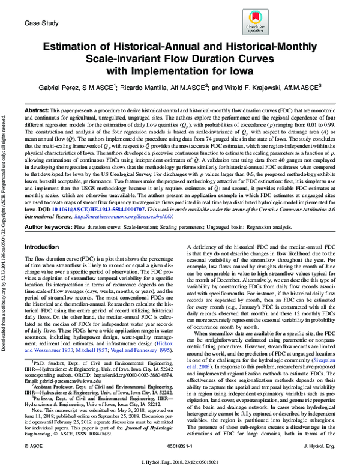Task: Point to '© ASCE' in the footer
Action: pos(34,446)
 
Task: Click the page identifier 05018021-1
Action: pos(180,446)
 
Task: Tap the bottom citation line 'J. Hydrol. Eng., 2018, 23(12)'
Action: pos(180,459)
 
